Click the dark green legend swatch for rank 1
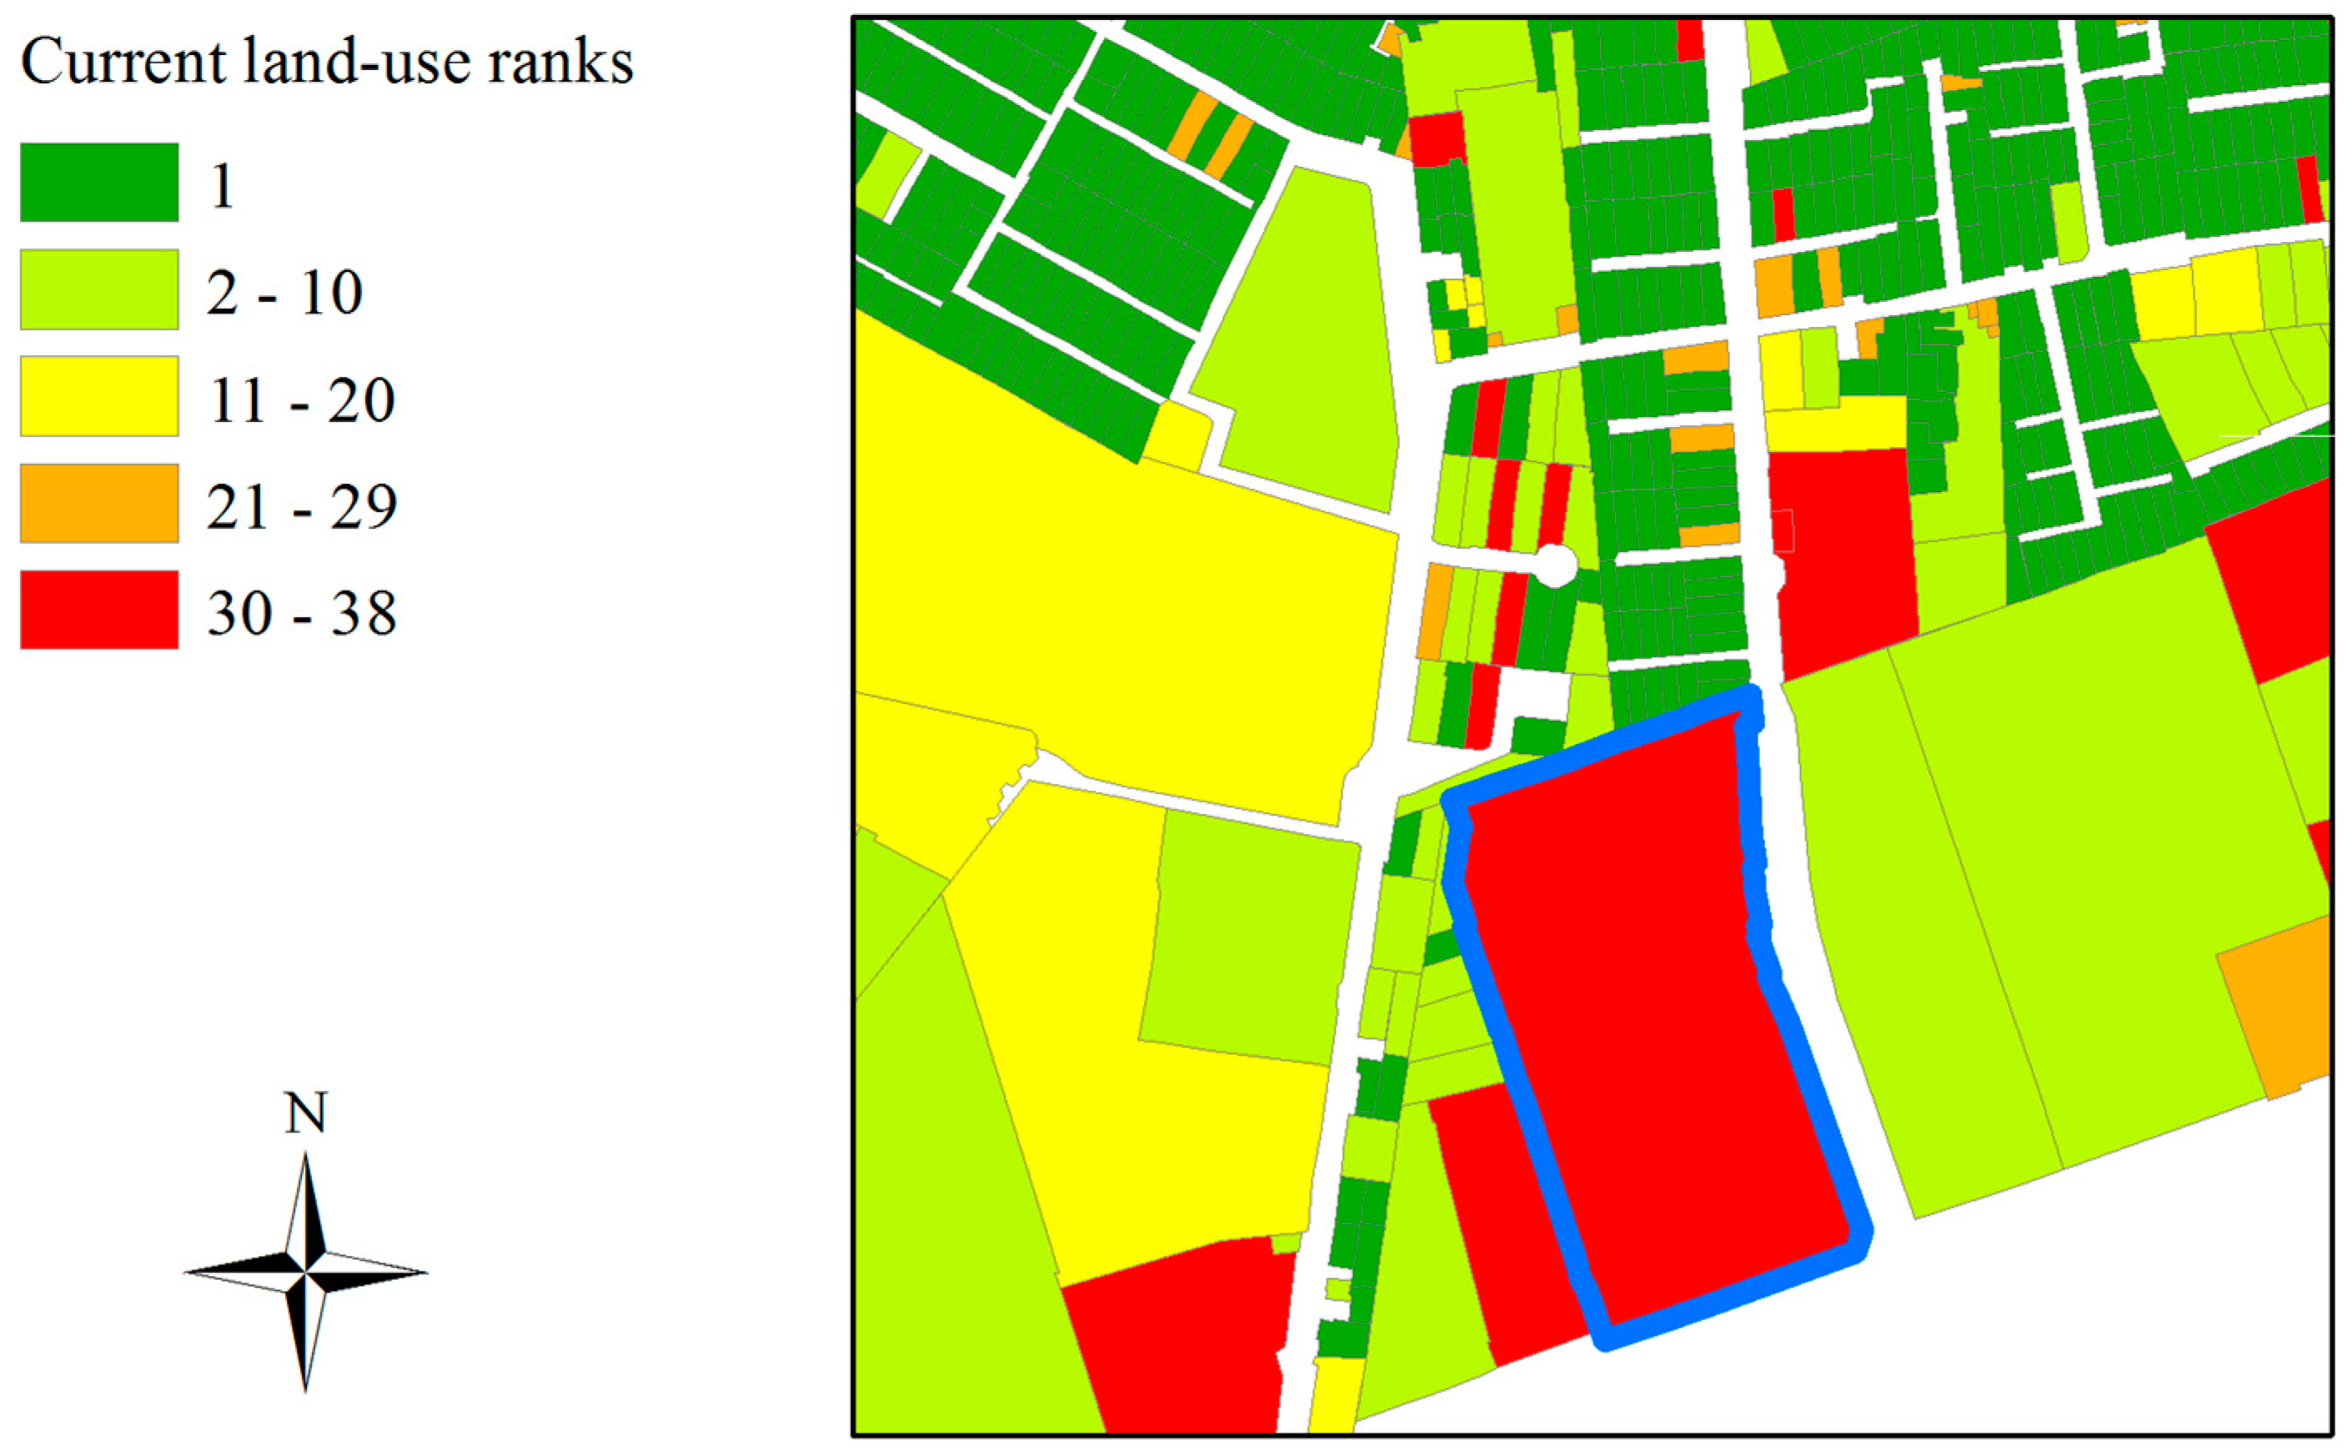(x=99, y=182)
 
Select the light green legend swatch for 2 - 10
(x=99, y=289)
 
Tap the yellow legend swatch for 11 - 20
(x=99, y=396)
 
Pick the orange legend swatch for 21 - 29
(x=99, y=503)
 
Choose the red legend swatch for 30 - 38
(x=99, y=610)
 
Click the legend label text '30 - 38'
(x=301, y=612)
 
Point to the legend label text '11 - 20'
(x=301, y=399)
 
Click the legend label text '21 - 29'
(x=301, y=505)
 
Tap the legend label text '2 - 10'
(x=284, y=292)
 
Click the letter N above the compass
(x=305, y=1113)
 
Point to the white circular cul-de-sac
(x=1555, y=565)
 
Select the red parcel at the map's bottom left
(x=1175, y=1348)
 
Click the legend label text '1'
(x=223, y=185)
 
